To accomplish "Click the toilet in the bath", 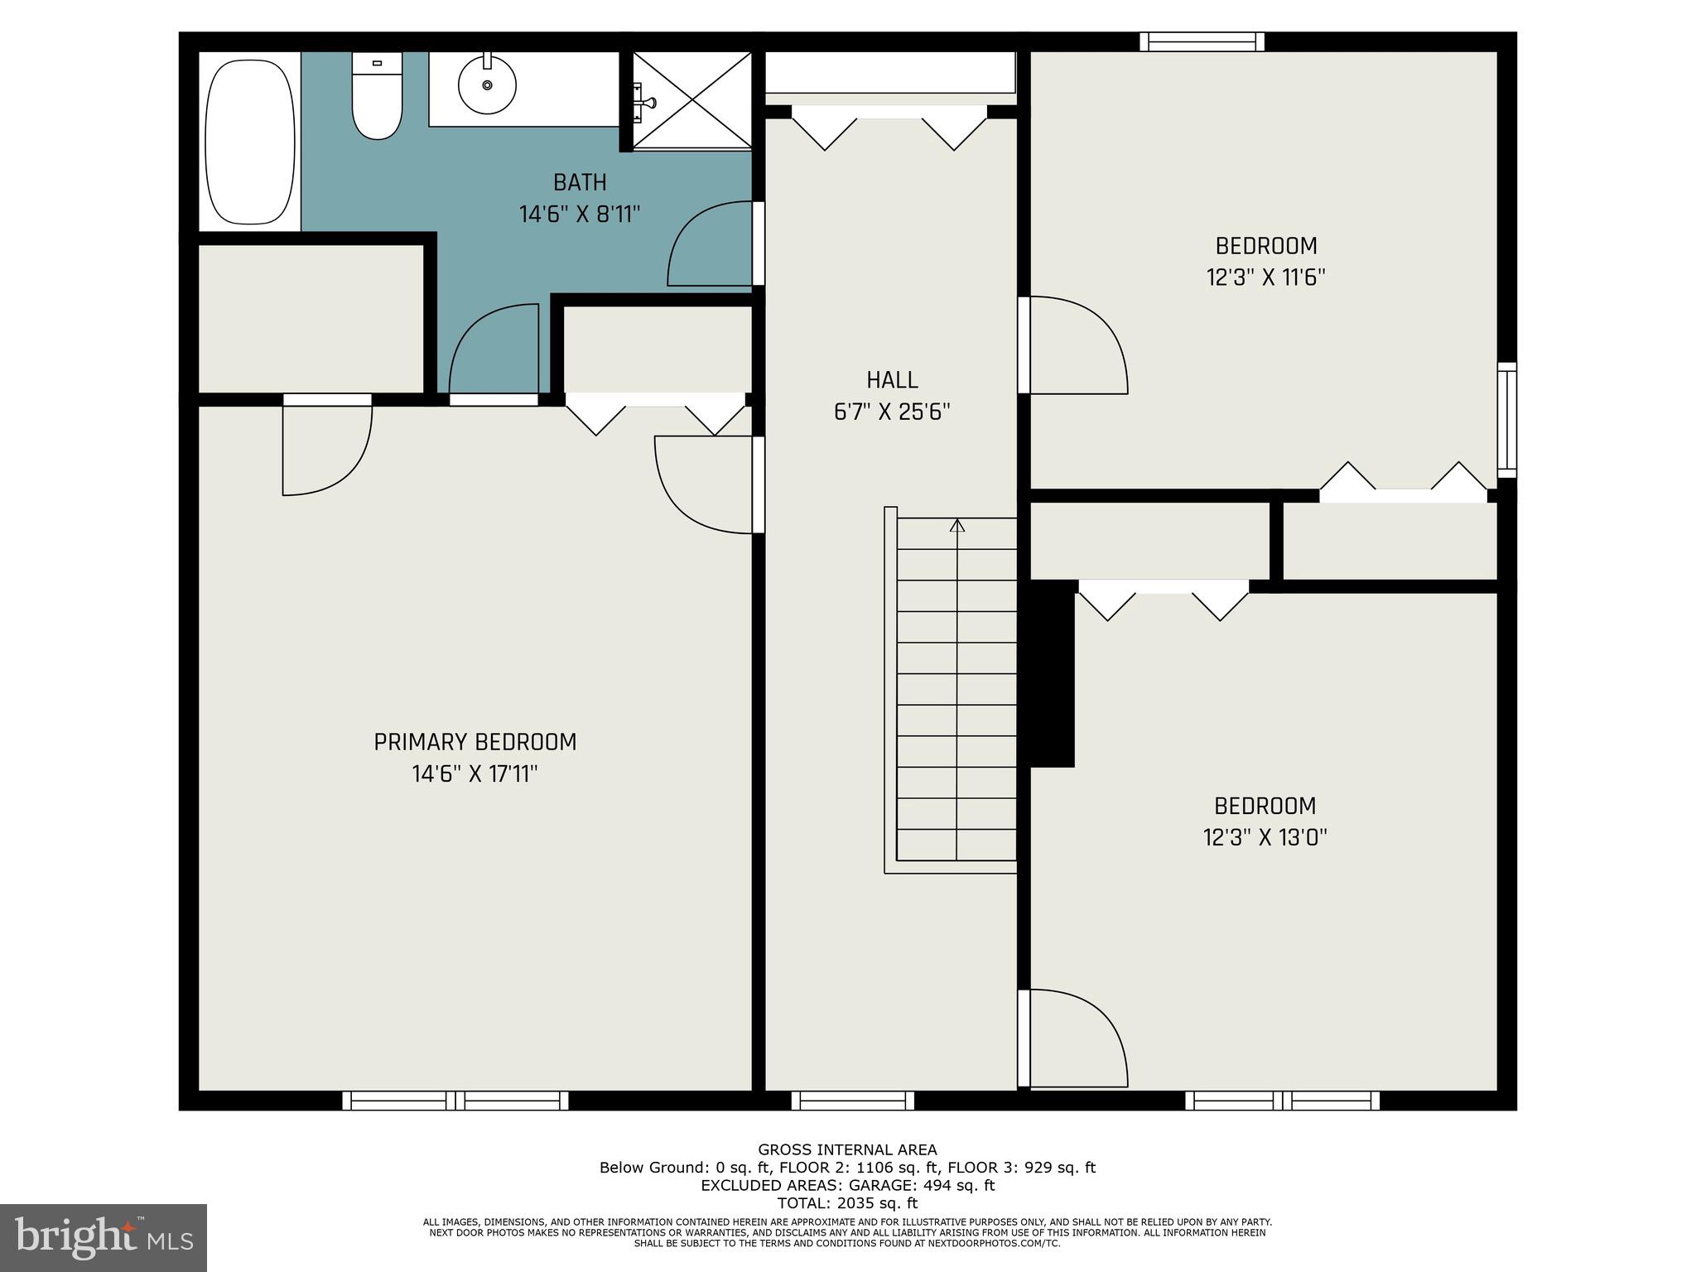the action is pos(377,95).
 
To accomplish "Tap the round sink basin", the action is pos(487,84).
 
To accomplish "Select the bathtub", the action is pos(250,141).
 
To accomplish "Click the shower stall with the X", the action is pos(692,101).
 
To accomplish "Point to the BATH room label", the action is pos(580,182).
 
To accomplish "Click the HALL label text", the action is pos(892,380).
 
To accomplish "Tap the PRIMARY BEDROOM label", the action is pos(475,742).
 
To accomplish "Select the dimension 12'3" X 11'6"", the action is pos(1266,277).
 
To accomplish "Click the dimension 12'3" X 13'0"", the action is pos(1265,837).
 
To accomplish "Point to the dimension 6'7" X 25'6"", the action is pos(892,412).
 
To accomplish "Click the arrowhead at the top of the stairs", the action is pos(957,525).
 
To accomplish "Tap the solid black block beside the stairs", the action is pos(1051,673).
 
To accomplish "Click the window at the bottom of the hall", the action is pos(853,1101).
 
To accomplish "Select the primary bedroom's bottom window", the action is pos(455,1101).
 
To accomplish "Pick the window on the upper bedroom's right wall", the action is pos(1507,420).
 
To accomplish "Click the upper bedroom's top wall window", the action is pos(1202,41).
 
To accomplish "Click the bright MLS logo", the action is pos(104,1238).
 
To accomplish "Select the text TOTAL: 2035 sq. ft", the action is pos(847,1203).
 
